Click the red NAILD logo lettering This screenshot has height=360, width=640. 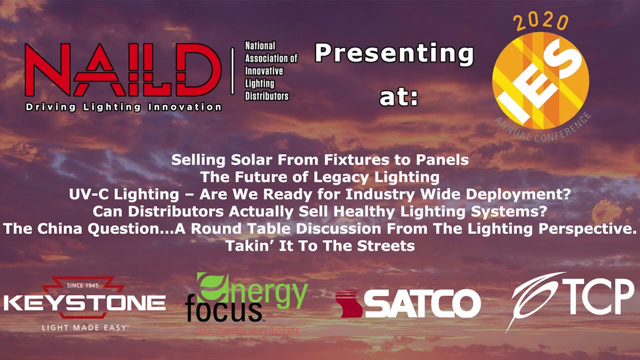pyautogui.click(x=123, y=70)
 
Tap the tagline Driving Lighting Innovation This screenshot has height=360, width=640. pyautogui.click(x=123, y=107)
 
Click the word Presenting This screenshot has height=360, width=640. pyautogui.click(x=394, y=53)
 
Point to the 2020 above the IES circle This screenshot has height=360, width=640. pyautogui.click(x=541, y=22)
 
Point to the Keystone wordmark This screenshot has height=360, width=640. pyautogui.click(x=84, y=302)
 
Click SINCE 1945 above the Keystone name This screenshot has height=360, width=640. pyautogui.click(x=83, y=285)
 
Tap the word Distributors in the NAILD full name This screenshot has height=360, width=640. pyautogui.click(x=266, y=95)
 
